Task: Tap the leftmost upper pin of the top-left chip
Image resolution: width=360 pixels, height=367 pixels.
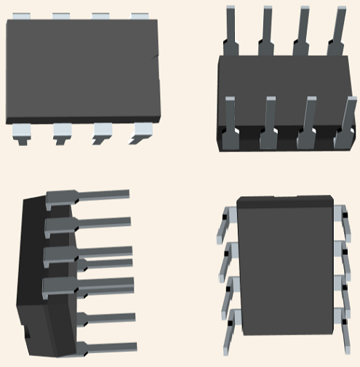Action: point(23,16)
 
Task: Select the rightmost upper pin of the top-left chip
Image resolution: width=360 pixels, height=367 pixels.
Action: point(140,16)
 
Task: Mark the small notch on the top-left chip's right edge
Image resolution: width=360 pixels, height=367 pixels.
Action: point(158,58)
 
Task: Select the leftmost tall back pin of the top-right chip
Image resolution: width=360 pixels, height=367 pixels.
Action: point(231,29)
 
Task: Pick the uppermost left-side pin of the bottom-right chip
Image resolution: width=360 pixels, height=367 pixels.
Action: point(226,222)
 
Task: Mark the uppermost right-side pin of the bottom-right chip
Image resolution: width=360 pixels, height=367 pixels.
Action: point(340,218)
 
